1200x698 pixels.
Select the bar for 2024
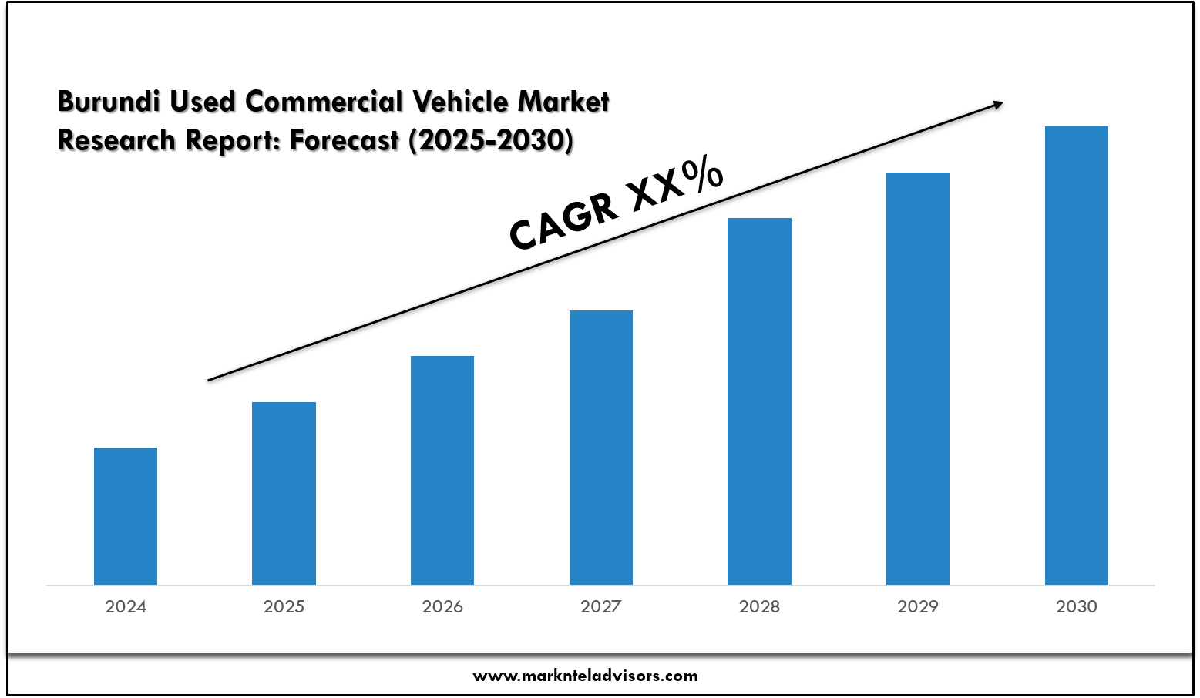(126, 516)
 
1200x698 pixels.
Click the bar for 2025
(284, 493)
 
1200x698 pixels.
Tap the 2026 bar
(442, 470)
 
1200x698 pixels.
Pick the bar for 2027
(601, 447)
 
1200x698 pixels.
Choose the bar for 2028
(759, 401)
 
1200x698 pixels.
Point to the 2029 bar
(918, 378)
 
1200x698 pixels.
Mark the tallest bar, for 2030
(1076, 355)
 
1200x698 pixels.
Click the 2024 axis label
(126, 607)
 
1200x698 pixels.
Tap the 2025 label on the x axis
(284, 607)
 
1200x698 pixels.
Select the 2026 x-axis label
(442, 607)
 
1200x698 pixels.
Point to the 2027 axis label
(601, 607)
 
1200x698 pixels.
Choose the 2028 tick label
(759, 607)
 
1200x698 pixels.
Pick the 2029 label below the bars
(918, 607)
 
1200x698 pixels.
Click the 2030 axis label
(1076, 607)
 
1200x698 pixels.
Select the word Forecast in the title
(345, 141)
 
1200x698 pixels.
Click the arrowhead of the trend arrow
(998, 103)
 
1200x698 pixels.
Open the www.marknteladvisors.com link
(585, 676)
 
